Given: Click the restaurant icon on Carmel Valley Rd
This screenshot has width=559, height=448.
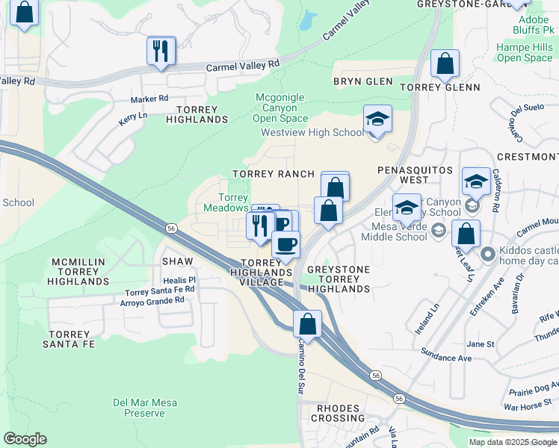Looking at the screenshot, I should pyautogui.click(x=161, y=52).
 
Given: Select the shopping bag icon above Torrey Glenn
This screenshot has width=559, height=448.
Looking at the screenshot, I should pyautogui.click(x=445, y=65).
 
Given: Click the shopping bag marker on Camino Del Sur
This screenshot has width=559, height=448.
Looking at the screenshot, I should pyautogui.click(x=307, y=326).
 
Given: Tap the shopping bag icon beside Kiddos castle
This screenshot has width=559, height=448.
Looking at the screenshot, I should pyautogui.click(x=466, y=234).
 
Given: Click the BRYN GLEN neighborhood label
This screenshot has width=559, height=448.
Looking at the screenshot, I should pyautogui.click(x=362, y=81).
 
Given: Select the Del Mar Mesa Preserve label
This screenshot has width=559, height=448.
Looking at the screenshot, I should pyautogui.click(x=145, y=408).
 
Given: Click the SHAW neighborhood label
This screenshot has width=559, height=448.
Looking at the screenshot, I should pyautogui.click(x=178, y=261).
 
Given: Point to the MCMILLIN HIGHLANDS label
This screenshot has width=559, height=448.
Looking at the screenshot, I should pyautogui.click(x=78, y=272).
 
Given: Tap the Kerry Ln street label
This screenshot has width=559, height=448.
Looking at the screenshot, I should pyautogui.click(x=133, y=117).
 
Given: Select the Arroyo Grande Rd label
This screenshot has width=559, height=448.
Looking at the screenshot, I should pyautogui.click(x=152, y=301).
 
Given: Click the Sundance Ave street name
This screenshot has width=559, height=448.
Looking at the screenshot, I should pyautogui.click(x=446, y=358).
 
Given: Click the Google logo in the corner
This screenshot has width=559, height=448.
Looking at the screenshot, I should pyautogui.click(x=25, y=439).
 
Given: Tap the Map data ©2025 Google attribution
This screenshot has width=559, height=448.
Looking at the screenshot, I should pyautogui.click(x=512, y=442).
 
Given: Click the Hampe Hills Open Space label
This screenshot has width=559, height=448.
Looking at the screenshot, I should pyautogui.click(x=524, y=52).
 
